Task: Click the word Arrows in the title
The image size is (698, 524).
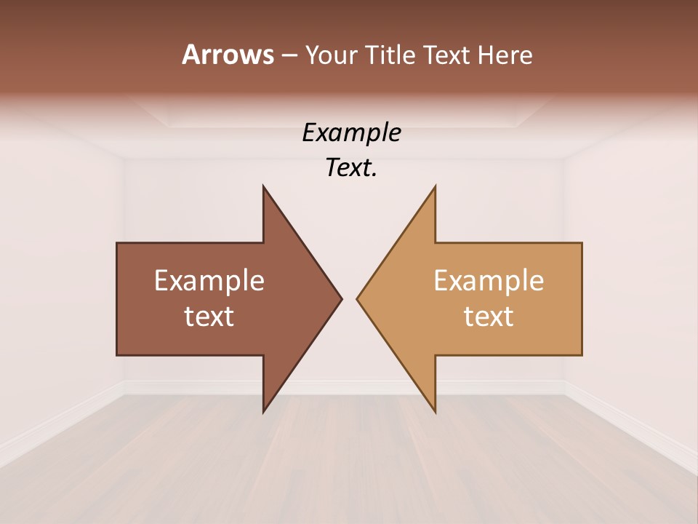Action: point(228,55)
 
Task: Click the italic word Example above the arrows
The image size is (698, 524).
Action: point(351,132)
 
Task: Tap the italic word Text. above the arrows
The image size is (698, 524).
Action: point(351,167)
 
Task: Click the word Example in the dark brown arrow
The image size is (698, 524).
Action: point(209,280)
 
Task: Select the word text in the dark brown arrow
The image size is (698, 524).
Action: point(209,316)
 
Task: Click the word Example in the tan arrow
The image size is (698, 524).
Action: point(489,280)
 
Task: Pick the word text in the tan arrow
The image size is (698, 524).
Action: point(489,316)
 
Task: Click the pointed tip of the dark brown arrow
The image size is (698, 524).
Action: point(340,298)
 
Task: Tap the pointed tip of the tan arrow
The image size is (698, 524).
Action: point(358,298)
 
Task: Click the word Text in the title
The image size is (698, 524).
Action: point(447,55)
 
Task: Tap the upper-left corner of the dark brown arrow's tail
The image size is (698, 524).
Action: point(118,244)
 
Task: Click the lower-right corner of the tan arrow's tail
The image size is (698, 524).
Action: point(581,354)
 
